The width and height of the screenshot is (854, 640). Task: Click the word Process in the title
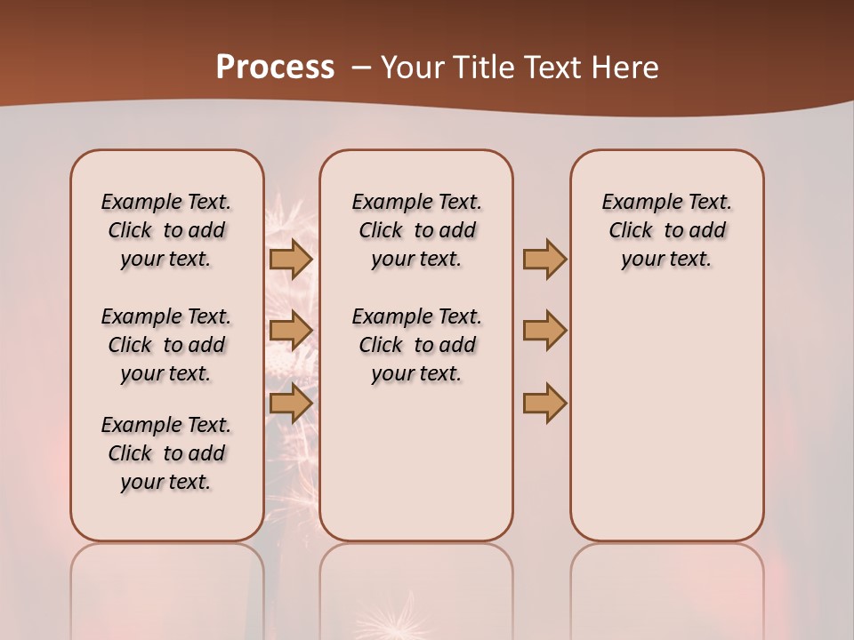click(x=275, y=67)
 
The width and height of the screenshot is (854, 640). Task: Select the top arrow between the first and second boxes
click(x=291, y=259)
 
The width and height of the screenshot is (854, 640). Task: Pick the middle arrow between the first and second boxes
click(x=291, y=331)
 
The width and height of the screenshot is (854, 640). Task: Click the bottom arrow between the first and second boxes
click(x=291, y=403)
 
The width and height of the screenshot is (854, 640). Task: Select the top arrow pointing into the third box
click(x=544, y=259)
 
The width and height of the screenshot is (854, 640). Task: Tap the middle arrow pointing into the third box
click(x=544, y=331)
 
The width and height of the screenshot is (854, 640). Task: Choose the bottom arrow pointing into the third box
click(x=544, y=403)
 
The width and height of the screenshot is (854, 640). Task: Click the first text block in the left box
click(x=165, y=230)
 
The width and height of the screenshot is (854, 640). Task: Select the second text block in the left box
click(x=165, y=345)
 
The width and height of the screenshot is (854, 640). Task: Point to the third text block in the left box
click(x=165, y=453)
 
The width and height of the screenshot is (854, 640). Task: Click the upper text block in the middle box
click(x=416, y=230)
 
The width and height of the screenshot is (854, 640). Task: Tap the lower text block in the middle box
click(x=416, y=345)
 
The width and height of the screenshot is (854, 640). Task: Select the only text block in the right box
click(x=666, y=230)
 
